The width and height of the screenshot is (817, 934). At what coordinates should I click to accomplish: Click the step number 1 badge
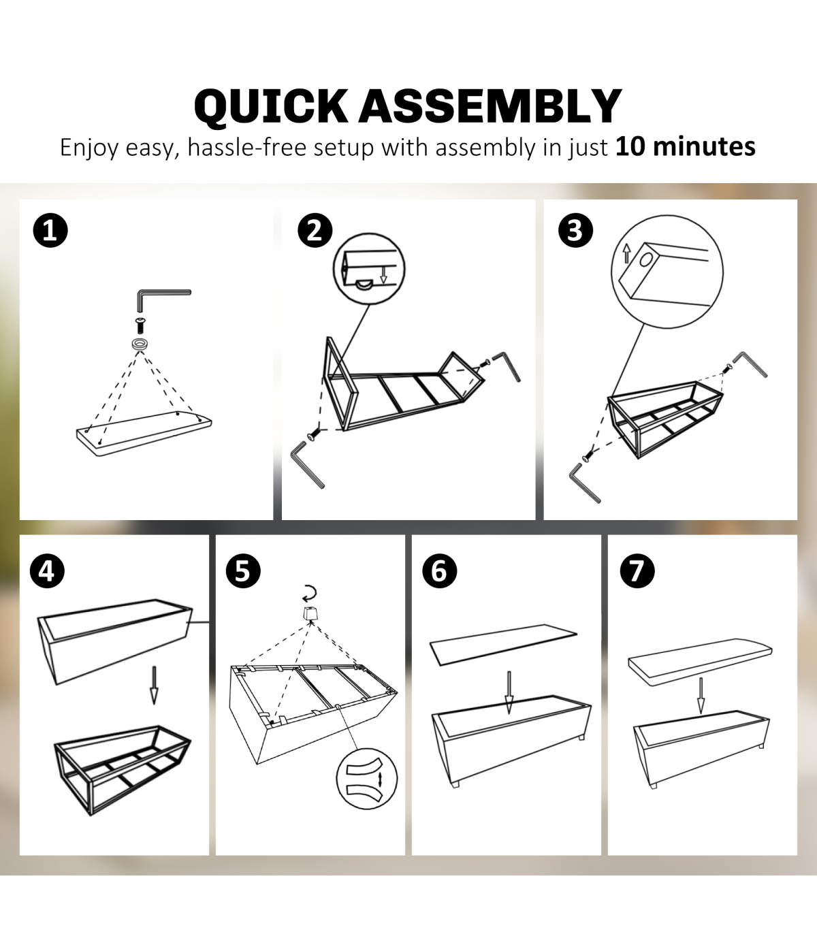coord(50,231)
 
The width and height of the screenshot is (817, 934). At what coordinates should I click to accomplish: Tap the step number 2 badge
coord(315,231)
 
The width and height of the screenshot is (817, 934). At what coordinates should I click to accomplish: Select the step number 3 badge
coord(575,231)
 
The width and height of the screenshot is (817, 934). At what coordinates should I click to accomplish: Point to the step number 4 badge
coord(47,570)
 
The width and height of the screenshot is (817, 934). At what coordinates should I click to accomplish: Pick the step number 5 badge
coord(243,570)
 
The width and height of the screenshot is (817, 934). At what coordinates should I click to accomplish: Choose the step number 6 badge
coord(440,570)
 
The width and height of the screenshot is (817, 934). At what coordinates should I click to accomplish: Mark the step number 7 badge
coord(637,570)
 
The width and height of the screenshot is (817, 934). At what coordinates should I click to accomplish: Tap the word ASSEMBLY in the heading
coord(490,106)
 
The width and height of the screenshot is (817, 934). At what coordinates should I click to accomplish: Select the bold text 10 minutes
coord(685,147)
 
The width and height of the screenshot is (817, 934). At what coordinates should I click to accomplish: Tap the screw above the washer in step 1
coord(140,325)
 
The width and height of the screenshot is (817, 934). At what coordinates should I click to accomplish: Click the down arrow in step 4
coord(155,685)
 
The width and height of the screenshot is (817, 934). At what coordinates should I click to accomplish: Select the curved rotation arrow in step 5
coord(310,593)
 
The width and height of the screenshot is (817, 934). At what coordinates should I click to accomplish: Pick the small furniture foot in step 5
coord(310,613)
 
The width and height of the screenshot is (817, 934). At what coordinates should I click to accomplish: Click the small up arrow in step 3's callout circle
coord(626,253)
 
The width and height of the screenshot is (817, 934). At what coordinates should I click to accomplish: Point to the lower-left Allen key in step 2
coord(307,464)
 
